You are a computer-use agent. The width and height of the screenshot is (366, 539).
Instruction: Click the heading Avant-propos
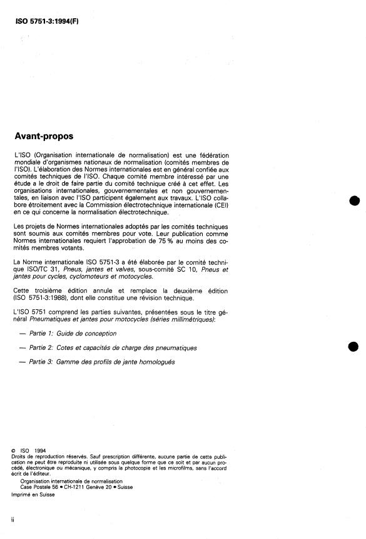click(43, 136)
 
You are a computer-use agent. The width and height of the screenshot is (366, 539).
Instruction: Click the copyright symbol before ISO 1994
click(14, 450)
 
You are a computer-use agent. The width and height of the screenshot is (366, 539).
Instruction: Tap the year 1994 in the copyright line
click(41, 450)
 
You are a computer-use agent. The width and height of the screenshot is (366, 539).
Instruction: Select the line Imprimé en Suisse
click(33, 494)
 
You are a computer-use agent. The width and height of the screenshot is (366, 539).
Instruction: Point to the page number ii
click(13, 521)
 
